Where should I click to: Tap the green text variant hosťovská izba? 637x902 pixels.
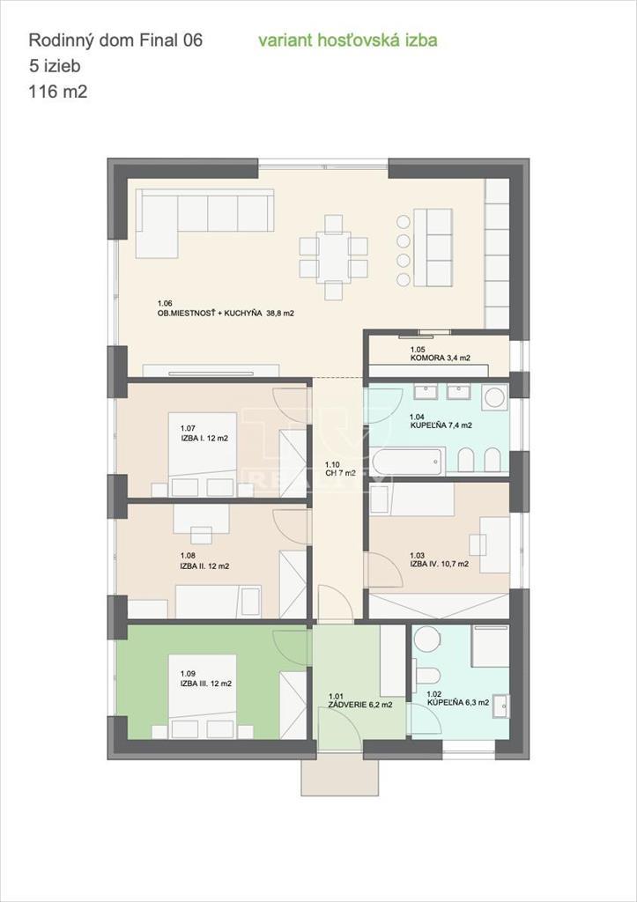(x=347, y=41)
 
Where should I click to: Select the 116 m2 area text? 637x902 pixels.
(x=58, y=90)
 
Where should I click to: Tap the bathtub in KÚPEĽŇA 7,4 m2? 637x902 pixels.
(x=406, y=461)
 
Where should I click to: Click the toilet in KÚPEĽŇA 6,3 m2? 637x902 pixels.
(x=429, y=674)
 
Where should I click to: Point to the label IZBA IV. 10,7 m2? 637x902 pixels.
(x=439, y=564)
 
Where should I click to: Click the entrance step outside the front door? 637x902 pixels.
(x=339, y=775)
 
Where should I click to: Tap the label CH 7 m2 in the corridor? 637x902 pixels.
(x=340, y=473)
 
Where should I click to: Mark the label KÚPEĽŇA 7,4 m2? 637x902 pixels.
(x=441, y=425)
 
